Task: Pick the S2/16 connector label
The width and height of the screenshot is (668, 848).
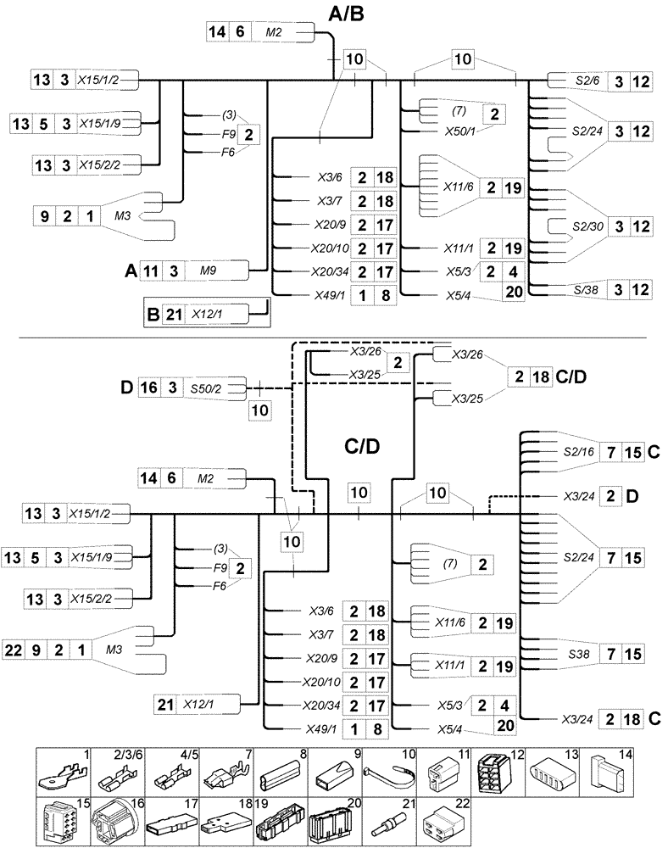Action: tap(578, 452)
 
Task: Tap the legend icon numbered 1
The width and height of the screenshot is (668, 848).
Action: tap(64, 773)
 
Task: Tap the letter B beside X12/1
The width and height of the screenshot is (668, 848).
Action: tap(153, 315)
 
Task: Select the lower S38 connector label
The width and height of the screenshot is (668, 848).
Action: tap(578, 654)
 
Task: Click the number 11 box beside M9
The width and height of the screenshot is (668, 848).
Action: tap(151, 271)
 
